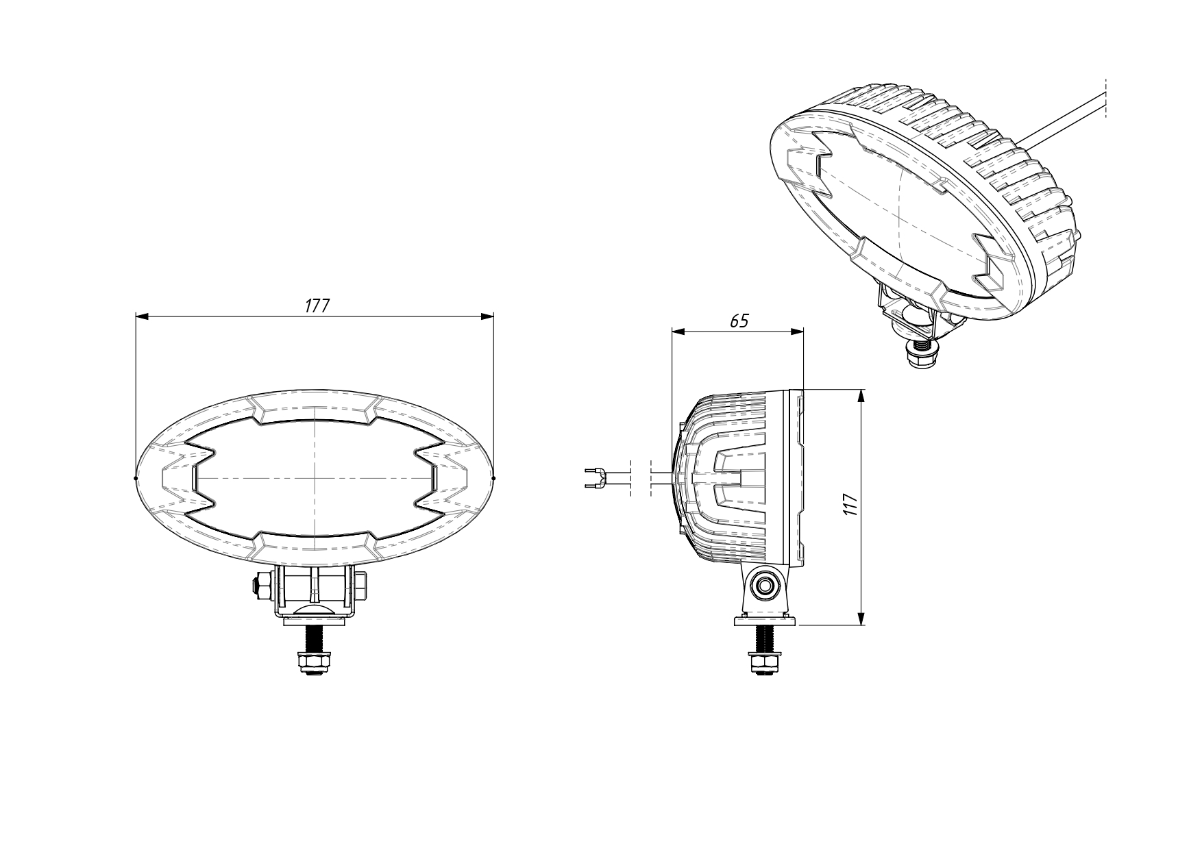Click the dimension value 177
click(x=317, y=305)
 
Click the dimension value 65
click(x=739, y=321)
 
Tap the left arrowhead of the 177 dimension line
click(x=142, y=316)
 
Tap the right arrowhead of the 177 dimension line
click(x=487, y=316)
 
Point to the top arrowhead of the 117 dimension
click(x=861, y=395)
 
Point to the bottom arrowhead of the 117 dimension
click(x=861, y=619)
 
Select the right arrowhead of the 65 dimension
click(x=797, y=332)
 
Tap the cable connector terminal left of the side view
click(x=595, y=477)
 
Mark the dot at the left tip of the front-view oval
click(x=136, y=478)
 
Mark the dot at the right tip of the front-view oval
click(x=493, y=478)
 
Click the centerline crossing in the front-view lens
click(x=315, y=477)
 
